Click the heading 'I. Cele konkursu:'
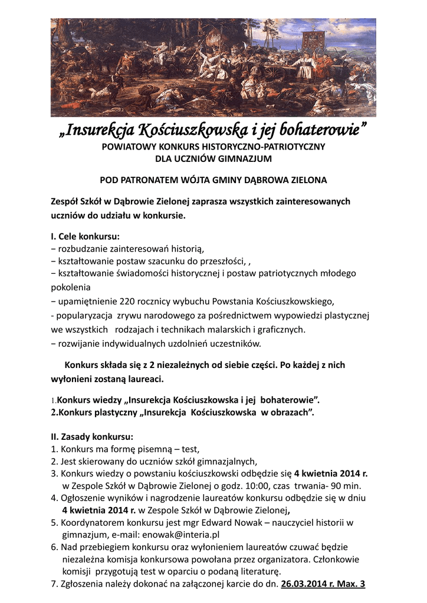(85, 237)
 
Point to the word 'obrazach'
(290, 412)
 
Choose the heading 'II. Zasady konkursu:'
(92, 437)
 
